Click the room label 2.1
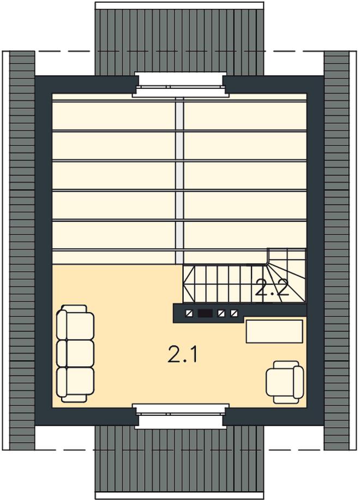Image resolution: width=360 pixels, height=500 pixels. click(x=182, y=355)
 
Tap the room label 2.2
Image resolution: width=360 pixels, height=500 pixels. click(x=272, y=289)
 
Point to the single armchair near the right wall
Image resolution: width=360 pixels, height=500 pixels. click(x=285, y=382)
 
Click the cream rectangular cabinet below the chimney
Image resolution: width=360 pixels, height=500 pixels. click(x=274, y=332)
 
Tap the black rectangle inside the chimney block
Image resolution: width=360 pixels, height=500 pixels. click(x=205, y=313)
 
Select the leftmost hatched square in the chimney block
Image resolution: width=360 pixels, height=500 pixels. click(x=189, y=313)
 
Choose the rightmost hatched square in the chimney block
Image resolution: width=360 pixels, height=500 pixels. click(x=234, y=313)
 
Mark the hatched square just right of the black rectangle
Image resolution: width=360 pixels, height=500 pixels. click(x=221, y=313)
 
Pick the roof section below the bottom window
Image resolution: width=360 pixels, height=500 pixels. click(x=179, y=462)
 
